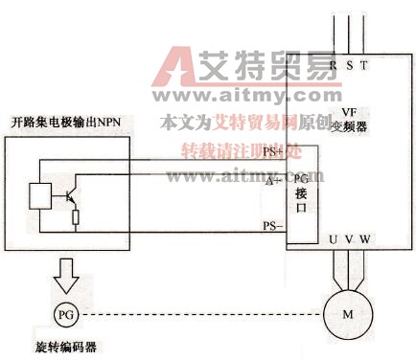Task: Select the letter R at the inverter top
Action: [x=333, y=65]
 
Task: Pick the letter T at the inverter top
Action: [x=364, y=65]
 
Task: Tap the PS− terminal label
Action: [x=273, y=226]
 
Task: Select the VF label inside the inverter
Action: [x=349, y=111]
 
